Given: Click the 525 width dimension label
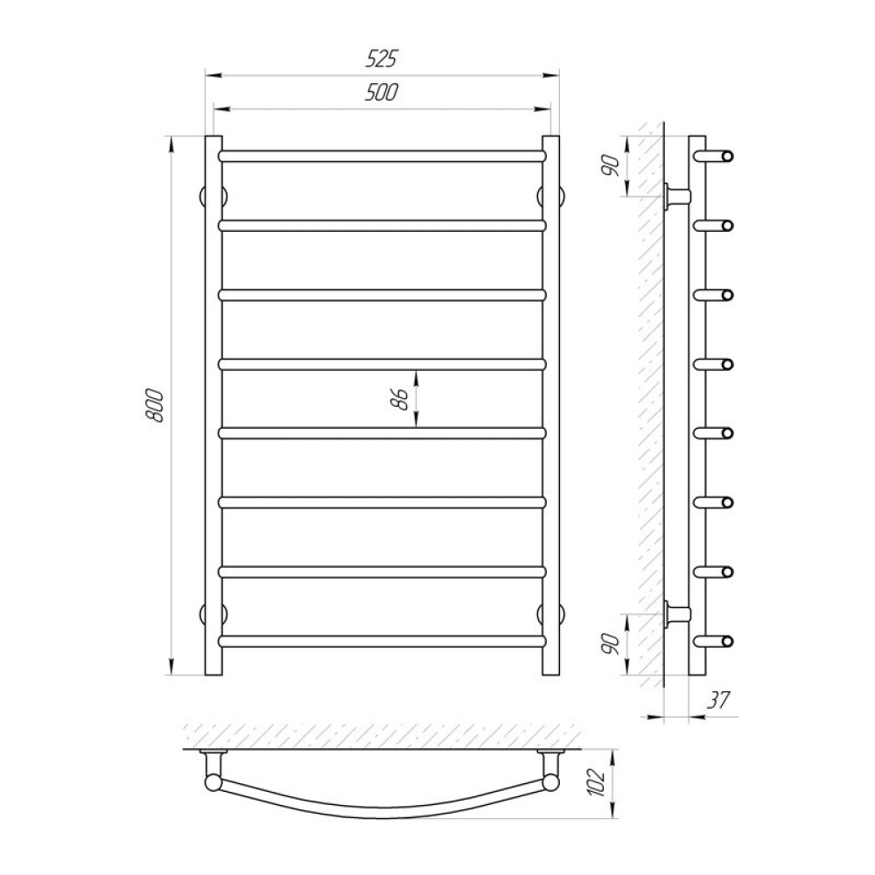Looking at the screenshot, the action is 381,58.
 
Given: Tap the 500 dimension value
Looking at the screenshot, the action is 381,92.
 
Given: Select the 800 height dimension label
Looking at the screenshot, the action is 155,406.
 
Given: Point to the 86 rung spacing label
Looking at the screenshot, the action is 400,399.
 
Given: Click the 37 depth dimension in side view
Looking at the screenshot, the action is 718,700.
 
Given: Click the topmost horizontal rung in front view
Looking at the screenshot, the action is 381,156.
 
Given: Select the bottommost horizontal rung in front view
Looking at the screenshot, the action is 381,641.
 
